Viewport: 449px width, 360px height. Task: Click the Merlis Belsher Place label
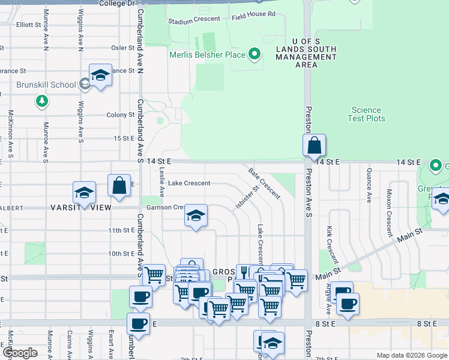(x=207, y=55)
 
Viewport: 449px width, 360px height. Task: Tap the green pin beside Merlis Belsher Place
(x=255, y=55)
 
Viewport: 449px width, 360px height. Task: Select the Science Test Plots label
(x=366, y=114)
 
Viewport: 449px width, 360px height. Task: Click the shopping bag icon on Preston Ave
(x=314, y=145)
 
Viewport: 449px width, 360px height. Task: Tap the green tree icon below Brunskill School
(x=41, y=101)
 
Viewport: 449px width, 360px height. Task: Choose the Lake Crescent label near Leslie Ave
(x=189, y=183)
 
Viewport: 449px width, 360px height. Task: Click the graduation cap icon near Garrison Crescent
(x=195, y=215)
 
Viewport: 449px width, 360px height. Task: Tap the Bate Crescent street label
(x=265, y=184)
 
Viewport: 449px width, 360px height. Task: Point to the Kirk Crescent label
(x=331, y=245)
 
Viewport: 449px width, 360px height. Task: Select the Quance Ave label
(x=368, y=183)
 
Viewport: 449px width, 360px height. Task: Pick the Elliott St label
(x=28, y=25)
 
